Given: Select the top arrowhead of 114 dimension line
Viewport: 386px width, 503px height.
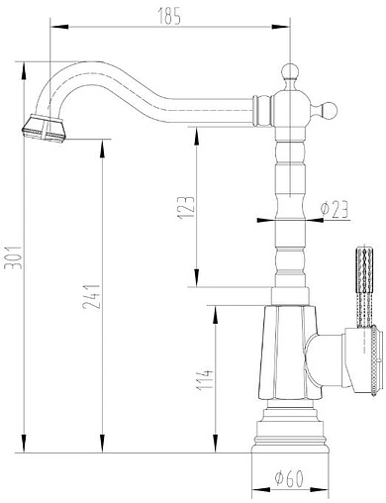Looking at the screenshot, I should [x=213, y=309].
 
